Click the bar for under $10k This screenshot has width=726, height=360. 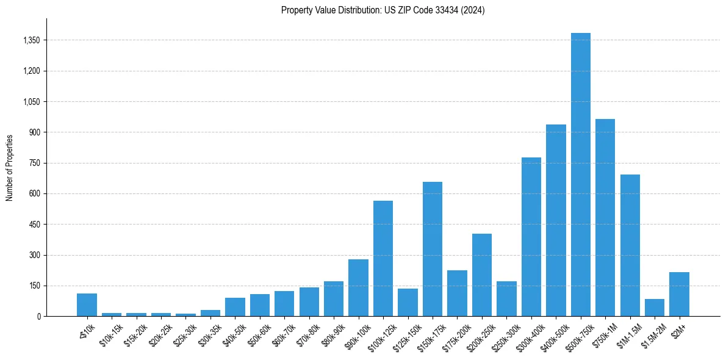(87, 304)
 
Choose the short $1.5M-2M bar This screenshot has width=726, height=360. (654, 308)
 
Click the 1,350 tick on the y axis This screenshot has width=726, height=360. (31, 40)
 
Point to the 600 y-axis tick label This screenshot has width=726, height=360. (35, 194)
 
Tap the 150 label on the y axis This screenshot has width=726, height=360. (35, 286)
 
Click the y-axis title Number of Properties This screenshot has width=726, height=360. (9, 167)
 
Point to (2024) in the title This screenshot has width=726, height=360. (474, 10)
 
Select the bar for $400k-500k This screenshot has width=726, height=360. (556, 220)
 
